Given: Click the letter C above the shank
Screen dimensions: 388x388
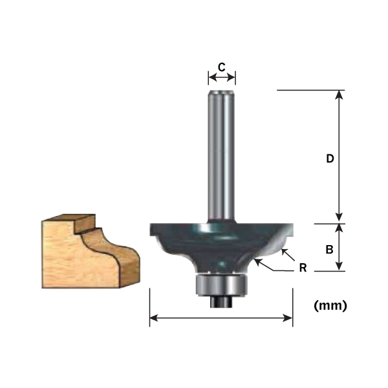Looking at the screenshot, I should pos(221,67).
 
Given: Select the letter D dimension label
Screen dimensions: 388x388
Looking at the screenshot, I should pos(329,159).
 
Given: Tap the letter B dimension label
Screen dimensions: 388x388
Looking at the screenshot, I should pos(329,248).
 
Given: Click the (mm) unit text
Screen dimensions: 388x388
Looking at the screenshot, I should pos(330,306).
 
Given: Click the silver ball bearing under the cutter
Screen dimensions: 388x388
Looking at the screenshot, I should pos(222,283).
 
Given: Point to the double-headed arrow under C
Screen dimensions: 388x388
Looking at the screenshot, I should pos(221,78).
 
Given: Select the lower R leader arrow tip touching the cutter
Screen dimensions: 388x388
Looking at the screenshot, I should pos(257,260).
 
